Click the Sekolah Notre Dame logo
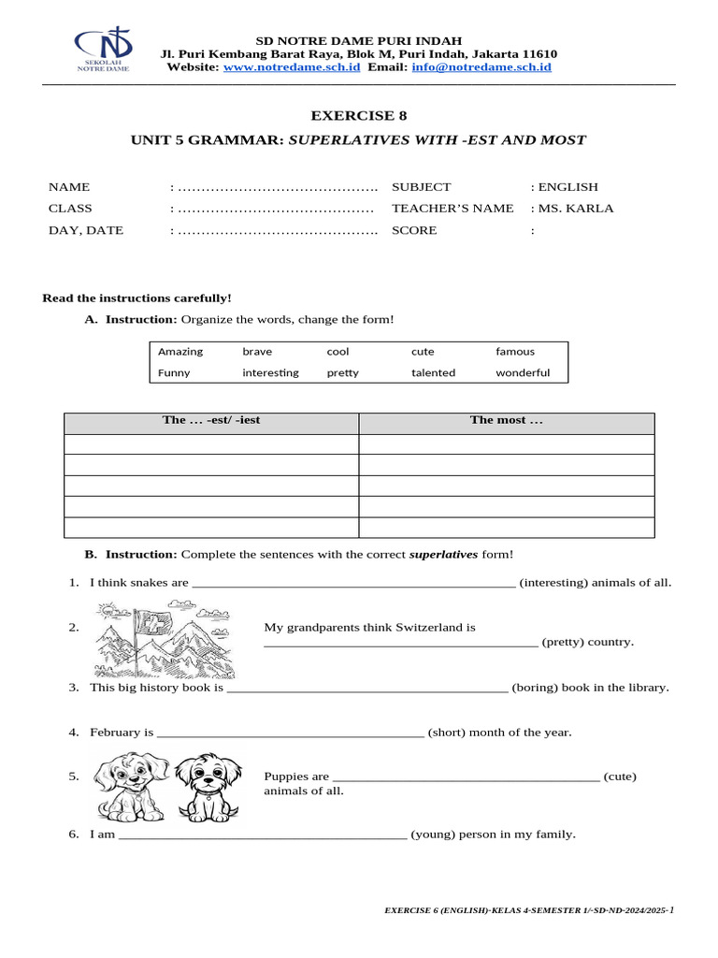pos(102,50)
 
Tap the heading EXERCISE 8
pos(359,115)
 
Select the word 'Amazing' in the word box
pos(180,352)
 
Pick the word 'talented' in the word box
pos(433,372)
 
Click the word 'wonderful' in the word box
pos(523,372)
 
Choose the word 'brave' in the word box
pos(257,352)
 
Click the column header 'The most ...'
pos(506,420)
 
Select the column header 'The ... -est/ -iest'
pos(211,420)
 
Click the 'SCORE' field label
pos(414,230)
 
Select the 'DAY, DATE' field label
pos(86,230)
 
